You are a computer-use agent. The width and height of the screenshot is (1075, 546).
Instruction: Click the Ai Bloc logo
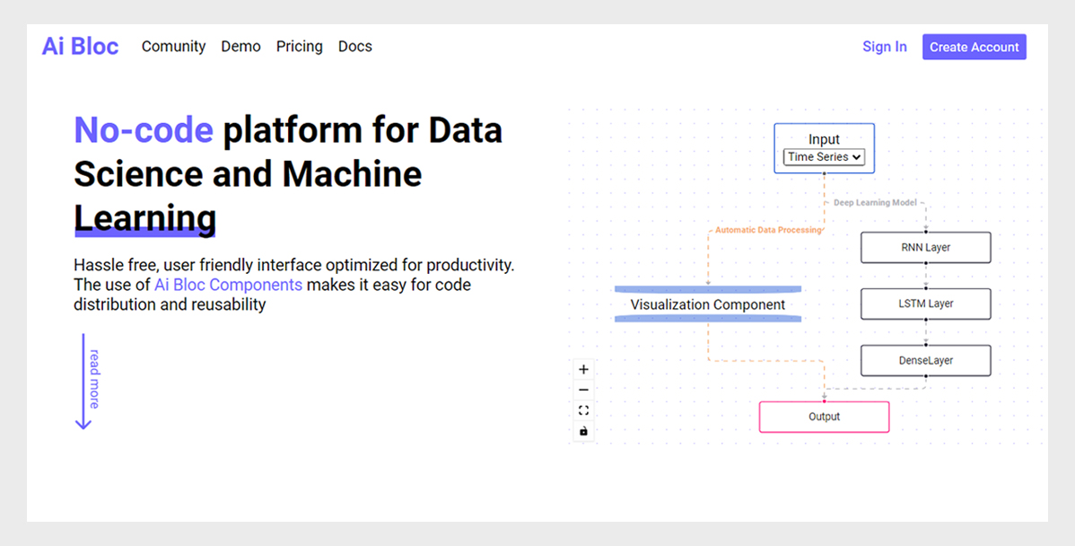(80, 46)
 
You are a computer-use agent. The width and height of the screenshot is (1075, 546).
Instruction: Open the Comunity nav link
(173, 47)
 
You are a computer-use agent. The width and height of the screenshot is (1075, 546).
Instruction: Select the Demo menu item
(240, 47)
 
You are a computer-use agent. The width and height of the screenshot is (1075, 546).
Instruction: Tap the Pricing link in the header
(300, 47)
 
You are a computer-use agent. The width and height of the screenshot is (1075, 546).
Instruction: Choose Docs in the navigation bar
(355, 47)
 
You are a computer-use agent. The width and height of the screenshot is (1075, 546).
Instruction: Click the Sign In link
(885, 47)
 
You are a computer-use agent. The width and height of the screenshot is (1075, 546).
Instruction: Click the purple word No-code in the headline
(144, 129)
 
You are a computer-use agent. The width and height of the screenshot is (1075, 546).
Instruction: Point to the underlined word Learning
(145, 218)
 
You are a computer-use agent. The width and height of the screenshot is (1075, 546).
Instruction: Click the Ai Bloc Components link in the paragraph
(228, 285)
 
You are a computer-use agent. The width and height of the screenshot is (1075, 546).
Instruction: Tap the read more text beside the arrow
(94, 379)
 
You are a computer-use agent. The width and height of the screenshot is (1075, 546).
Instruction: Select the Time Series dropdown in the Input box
(824, 157)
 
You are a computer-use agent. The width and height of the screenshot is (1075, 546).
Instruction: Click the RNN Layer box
(925, 248)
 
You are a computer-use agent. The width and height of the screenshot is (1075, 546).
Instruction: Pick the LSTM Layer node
(925, 304)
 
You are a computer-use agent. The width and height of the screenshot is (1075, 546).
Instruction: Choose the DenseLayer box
(925, 361)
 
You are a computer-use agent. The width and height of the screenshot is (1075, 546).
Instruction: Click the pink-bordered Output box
(824, 417)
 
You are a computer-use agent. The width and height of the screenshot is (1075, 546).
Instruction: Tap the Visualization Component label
(707, 304)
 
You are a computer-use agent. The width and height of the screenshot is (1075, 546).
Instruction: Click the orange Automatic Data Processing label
(768, 230)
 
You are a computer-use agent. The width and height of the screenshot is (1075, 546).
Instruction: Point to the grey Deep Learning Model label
(875, 202)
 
